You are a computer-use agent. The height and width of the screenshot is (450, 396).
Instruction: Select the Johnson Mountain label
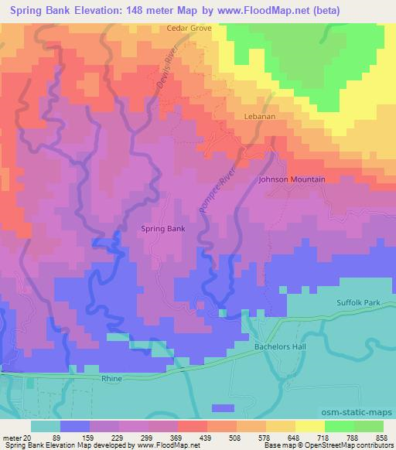(x=292, y=179)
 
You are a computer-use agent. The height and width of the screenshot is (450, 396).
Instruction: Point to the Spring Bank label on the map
(x=162, y=229)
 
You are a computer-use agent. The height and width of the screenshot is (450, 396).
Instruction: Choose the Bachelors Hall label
(x=281, y=347)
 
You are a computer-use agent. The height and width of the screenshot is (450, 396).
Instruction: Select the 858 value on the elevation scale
(x=383, y=437)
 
